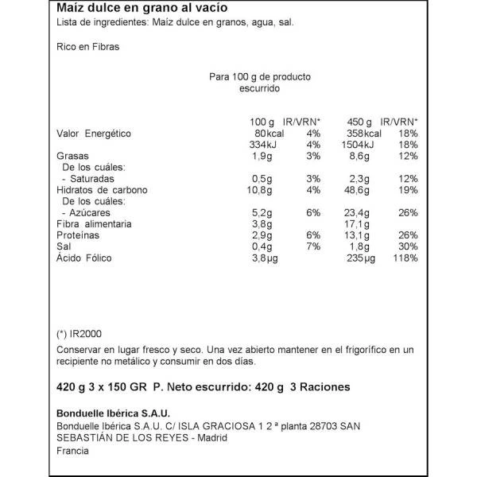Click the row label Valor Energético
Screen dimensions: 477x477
coord(93,134)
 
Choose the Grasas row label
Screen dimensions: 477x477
coord(73,157)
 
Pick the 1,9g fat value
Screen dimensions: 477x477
coord(261,157)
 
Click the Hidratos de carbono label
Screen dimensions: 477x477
coord(103,191)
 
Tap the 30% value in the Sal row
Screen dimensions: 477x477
coord(407,248)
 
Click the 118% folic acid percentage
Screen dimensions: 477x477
coord(405,259)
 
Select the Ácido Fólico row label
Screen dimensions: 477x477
coord(85,259)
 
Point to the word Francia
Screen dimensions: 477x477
coord(72,452)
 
